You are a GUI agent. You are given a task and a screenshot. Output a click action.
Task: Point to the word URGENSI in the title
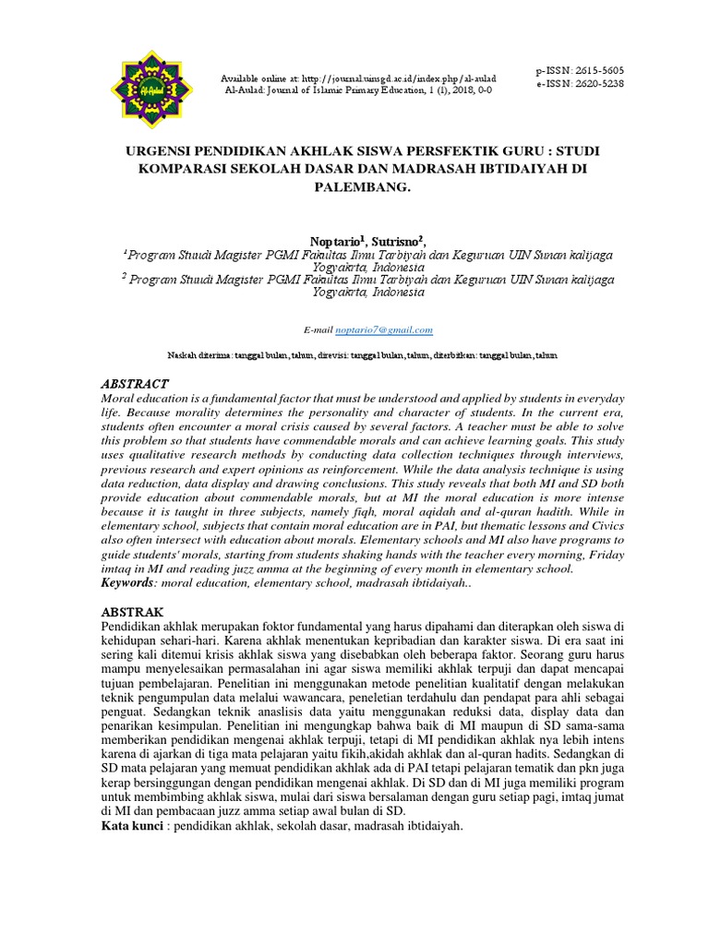[162, 148]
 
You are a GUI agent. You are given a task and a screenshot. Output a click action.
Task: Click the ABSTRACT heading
[134, 383]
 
